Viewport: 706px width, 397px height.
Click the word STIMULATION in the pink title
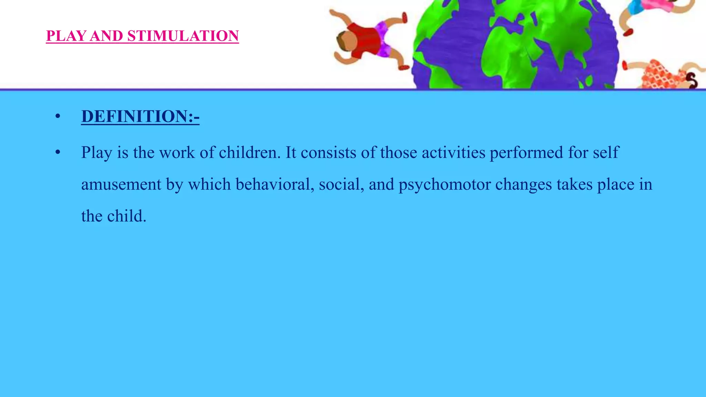(x=183, y=36)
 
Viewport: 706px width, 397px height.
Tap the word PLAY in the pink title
(x=65, y=36)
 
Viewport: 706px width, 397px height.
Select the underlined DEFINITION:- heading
(x=140, y=116)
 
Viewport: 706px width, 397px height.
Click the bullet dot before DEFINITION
(x=58, y=116)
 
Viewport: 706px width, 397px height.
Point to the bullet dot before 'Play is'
(x=58, y=152)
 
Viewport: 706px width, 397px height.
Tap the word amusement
(x=121, y=184)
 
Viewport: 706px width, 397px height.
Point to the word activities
(x=453, y=153)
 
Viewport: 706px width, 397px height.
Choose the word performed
(x=526, y=153)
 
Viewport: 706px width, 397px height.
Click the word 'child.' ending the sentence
(x=127, y=216)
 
